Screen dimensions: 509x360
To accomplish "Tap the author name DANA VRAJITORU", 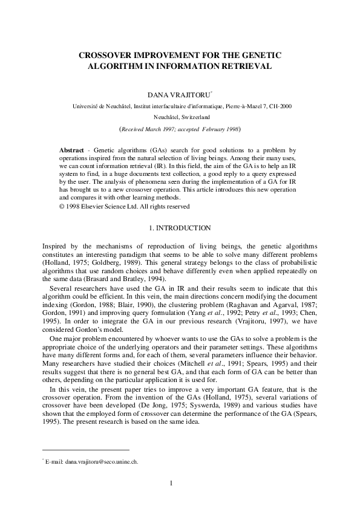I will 179,95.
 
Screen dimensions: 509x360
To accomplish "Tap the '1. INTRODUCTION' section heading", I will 180,228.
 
